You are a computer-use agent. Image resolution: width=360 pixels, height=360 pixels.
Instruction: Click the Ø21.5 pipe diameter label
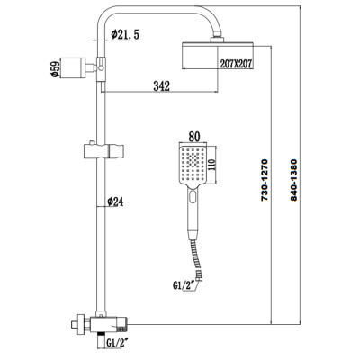tap(125, 34)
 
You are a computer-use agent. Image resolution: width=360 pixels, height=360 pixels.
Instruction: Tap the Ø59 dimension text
tap(56, 69)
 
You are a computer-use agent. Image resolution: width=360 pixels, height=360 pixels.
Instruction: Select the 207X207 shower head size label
tap(236, 64)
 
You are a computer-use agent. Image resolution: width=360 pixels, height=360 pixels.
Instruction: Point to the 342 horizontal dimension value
tap(162, 86)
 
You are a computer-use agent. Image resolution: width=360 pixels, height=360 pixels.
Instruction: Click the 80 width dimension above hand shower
tap(193, 137)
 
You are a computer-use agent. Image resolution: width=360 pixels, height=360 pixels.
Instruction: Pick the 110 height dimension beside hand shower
tap(211, 165)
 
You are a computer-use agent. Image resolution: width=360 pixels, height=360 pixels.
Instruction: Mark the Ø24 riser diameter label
tap(115, 202)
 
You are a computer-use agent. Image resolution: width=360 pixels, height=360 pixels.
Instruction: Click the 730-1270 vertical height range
tap(265, 180)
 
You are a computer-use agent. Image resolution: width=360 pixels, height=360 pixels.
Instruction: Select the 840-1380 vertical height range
tap(293, 180)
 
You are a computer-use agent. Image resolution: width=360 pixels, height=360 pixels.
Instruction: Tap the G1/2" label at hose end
tap(182, 285)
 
